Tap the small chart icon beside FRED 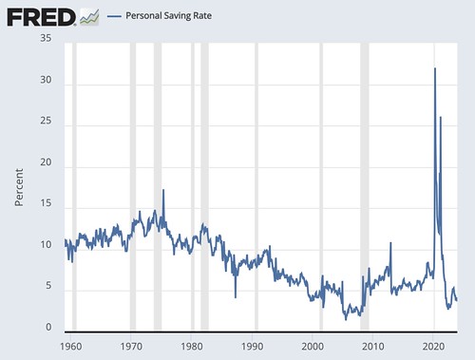(x=90, y=16)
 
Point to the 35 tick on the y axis (x=46, y=39)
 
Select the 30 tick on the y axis (x=46, y=81)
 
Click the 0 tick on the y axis (x=49, y=328)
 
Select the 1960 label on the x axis (x=69, y=348)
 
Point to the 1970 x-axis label (x=131, y=348)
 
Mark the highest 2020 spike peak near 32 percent (x=435, y=68)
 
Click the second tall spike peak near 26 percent (x=441, y=117)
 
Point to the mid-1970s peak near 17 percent (x=163, y=190)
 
